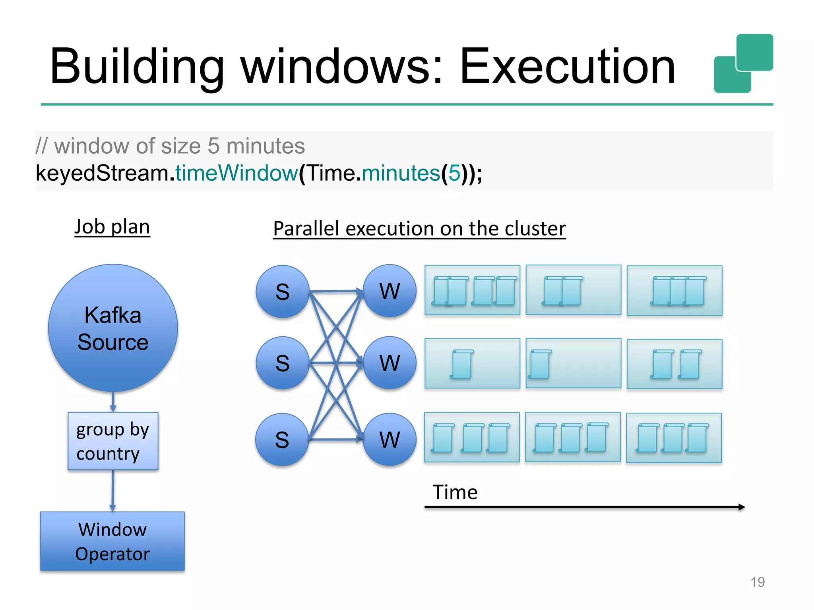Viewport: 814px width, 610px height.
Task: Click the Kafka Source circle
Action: click(x=113, y=328)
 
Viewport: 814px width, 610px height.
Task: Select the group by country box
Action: click(x=113, y=441)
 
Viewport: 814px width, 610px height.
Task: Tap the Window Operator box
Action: click(x=112, y=541)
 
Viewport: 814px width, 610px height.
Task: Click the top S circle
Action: click(x=282, y=292)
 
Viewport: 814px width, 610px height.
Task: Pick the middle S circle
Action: click(x=282, y=363)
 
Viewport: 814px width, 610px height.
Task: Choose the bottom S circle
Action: click(x=282, y=440)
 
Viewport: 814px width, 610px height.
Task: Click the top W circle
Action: click(x=390, y=291)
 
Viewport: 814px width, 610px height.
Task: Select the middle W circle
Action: click(x=390, y=363)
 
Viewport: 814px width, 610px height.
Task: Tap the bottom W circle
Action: click(x=390, y=440)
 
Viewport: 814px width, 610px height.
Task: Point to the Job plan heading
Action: click(x=112, y=227)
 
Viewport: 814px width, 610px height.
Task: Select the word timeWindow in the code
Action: click(x=236, y=173)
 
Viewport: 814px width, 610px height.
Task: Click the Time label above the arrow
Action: click(x=455, y=492)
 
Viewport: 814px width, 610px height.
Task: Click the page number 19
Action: click(x=758, y=582)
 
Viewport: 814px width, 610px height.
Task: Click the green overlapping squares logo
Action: click(x=743, y=64)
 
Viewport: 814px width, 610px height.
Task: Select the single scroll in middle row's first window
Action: click(x=462, y=364)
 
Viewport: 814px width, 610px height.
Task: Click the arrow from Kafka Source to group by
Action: click(x=113, y=402)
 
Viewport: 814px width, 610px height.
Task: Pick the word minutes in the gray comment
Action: click(x=265, y=146)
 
